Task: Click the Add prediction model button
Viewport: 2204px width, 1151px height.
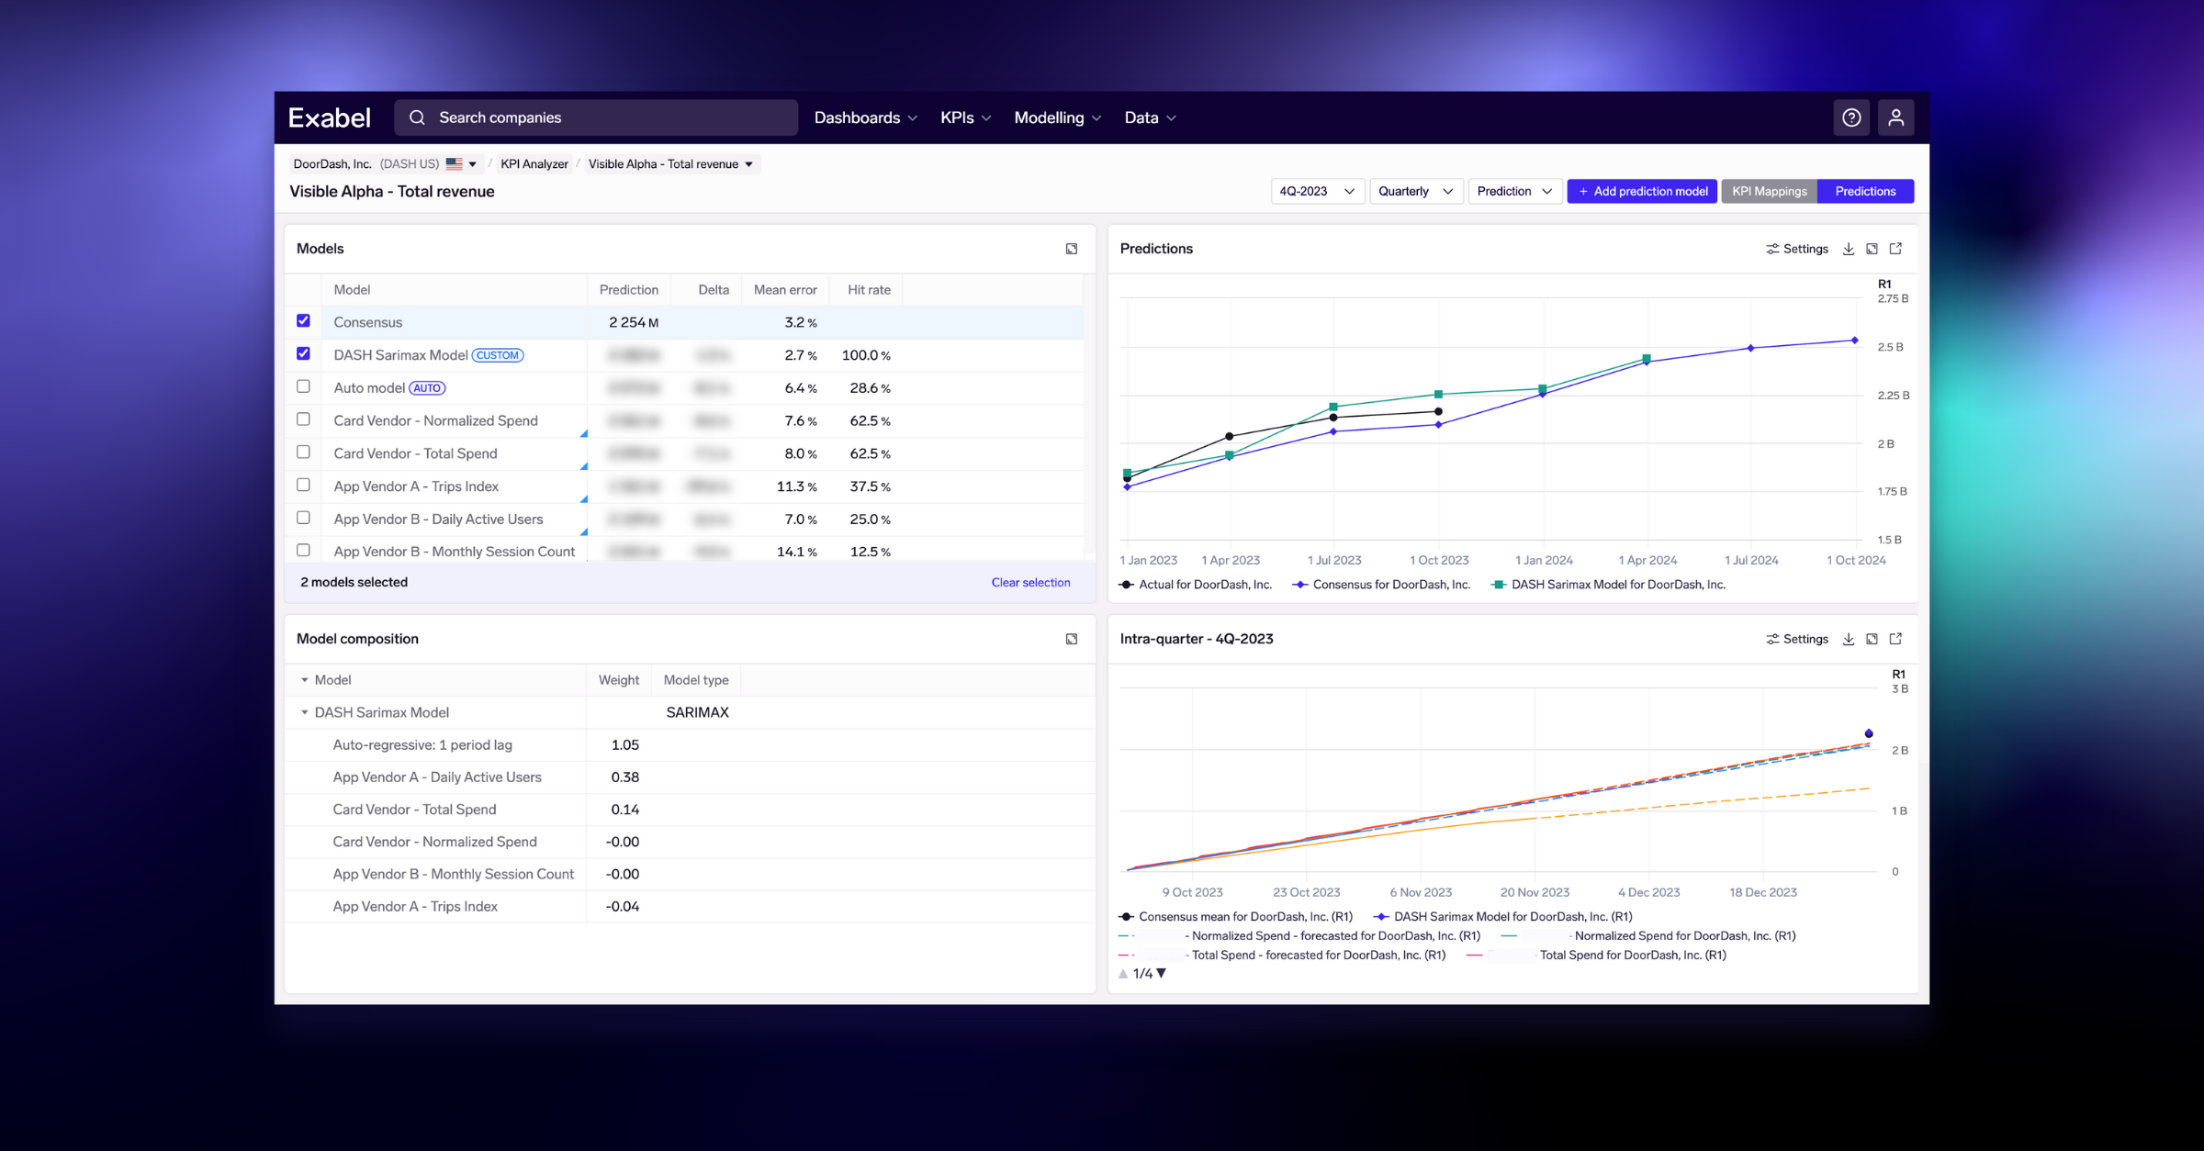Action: tap(1642, 191)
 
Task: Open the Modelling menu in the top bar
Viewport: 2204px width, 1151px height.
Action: tap(1057, 117)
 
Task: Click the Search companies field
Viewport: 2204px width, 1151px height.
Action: tap(597, 117)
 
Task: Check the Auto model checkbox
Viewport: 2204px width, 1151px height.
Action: tap(303, 386)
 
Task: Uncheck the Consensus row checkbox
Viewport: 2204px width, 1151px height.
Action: tap(303, 320)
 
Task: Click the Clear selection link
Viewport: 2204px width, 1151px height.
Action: tap(1030, 582)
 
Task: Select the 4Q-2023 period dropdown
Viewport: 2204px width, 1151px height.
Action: tap(1317, 191)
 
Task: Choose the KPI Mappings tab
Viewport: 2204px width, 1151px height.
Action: tap(1769, 191)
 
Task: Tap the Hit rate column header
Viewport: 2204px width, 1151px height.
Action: tap(869, 289)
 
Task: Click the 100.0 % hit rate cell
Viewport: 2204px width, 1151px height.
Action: tap(865, 355)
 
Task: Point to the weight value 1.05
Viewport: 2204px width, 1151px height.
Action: tap(624, 744)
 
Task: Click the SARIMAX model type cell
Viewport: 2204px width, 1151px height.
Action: tap(697, 712)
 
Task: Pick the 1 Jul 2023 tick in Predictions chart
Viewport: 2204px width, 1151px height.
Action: tap(1333, 560)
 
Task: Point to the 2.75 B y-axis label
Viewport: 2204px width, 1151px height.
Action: tap(1893, 298)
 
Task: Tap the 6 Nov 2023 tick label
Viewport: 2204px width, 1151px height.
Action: tap(1421, 892)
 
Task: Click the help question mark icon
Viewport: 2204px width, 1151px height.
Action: tap(1851, 117)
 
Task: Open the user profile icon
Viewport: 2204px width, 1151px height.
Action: tap(1895, 117)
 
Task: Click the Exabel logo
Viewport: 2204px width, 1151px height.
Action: tap(330, 117)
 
